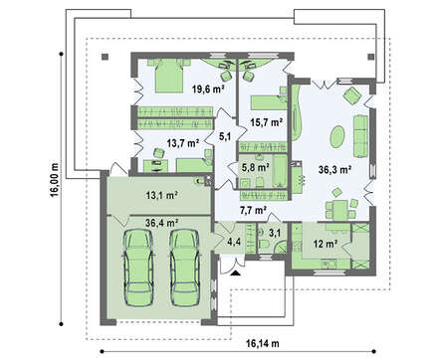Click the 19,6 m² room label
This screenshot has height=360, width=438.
(208, 89)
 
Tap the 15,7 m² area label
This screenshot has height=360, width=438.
(267, 122)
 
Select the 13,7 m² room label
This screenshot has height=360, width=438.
(183, 143)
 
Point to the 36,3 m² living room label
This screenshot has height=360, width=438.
(334, 170)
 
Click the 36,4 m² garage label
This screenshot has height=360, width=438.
(162, 223)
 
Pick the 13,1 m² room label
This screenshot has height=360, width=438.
(162, 195)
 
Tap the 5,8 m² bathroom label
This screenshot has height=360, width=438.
(255, 168)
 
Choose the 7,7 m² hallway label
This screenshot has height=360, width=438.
(254, 210)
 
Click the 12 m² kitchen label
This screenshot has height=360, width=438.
(326, 245)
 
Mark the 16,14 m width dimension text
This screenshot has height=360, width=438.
(263, 343)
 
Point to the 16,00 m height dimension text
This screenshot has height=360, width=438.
(55, 180)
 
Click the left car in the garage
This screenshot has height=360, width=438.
(138, 268)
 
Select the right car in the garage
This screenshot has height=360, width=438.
(184, 268)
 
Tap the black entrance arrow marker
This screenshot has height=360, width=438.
(235, 273)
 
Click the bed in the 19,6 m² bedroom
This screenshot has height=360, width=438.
(169, 76)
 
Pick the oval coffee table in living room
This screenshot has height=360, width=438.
(337, 136)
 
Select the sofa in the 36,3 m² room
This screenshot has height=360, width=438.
(360, 136)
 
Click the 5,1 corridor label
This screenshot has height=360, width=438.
(225, 136)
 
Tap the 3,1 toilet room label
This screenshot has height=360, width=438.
(275, 233)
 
